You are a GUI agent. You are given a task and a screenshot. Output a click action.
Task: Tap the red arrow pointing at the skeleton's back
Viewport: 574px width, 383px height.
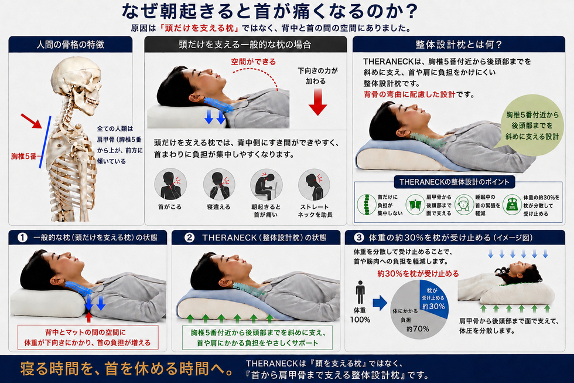pyautogui.click(x=31, y=121)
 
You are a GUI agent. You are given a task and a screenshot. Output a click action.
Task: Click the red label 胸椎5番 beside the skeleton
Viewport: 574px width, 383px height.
pyautogui.click(x=24, y=157)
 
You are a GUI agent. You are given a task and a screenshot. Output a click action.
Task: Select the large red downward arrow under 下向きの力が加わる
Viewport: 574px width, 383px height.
pyautogui.click(x=317, y=101)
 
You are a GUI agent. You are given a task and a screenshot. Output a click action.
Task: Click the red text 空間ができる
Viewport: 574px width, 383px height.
pyautogui.click(x=253, y=62)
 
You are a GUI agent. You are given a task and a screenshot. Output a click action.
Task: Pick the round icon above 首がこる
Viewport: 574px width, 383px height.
pyautogui.click(x=170, y=184)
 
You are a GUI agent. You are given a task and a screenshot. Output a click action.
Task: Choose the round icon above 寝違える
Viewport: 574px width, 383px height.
pyautogui.click(x=219, y=184)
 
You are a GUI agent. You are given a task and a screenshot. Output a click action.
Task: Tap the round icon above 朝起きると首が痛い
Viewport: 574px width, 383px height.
pyautogui.click(x=266, y=184)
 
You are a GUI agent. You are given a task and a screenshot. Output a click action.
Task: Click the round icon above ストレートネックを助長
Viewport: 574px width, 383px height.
pyautogui.click(x=314, y=184)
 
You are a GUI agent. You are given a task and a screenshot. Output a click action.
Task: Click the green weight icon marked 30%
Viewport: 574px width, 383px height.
pyautogui.click(x=512, y=205)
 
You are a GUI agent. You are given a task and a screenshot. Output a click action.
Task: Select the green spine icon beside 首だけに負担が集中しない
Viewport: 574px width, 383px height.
pyautogui.click(x=367, y=205)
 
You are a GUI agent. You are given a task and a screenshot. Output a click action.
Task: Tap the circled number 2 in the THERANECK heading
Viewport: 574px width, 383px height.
pyautogui.click(x=189, y=238)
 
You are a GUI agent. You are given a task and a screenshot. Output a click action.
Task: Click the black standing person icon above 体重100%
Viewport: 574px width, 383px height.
pyautogui.click(x=360, y=293)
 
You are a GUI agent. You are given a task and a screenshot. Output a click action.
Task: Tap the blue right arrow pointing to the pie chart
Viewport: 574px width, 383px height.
pyautogui.click(x=380, y=303)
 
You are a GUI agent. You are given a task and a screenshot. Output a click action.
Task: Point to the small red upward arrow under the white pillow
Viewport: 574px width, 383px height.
pyautogui.click(x=88, y=317)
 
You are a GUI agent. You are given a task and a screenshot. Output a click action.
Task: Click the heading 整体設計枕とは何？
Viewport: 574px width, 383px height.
pyautogui.click(x=459, y=45)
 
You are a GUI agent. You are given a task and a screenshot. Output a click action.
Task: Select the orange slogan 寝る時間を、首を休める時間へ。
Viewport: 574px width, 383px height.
pyautogui.click(x=127, y=369)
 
